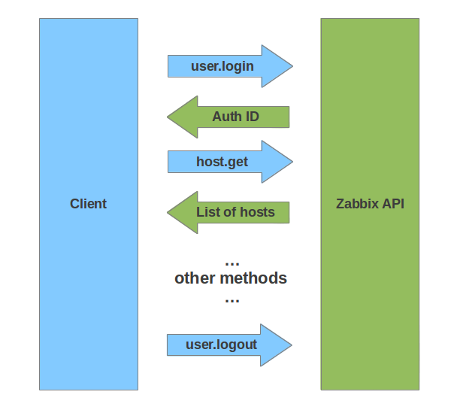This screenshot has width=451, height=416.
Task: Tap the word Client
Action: click(89, 204)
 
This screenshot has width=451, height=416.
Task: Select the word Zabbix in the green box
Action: click(357, 204)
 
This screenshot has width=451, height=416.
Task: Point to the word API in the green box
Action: click(392, 204)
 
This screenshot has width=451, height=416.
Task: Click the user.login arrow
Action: click(225, 66)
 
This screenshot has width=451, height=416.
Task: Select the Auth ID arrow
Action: click(233, 117)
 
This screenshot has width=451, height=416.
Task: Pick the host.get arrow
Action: click(225, 162)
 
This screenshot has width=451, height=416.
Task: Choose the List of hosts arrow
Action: click(233, 212)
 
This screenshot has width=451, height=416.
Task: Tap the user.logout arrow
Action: click(225, 345)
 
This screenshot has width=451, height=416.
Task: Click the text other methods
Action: click(231, 278)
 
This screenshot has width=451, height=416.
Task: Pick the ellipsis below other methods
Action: click(232, 300)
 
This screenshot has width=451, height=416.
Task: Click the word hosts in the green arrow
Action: click(257, 212)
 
